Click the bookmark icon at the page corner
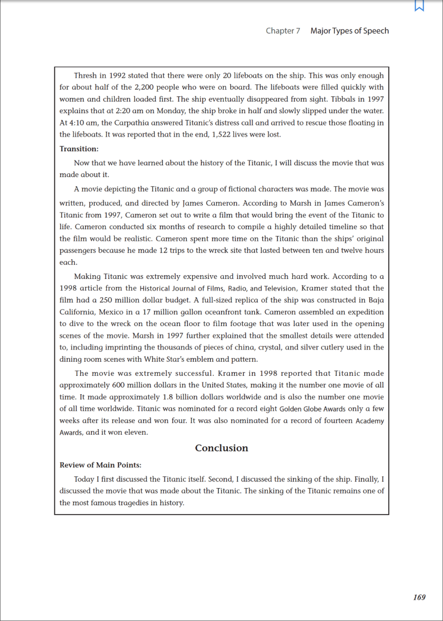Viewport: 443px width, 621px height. click(x=419, y=5)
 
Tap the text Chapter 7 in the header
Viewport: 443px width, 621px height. click(x=283, y=31)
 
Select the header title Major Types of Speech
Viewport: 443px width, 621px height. click(x=350, y=31)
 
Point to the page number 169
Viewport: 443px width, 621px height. click(x=419, y=597)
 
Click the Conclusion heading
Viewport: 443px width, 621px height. click(x=221, y=448)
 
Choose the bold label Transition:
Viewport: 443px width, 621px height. click(x=79, y=149)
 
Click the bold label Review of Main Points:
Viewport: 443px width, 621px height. click(x=100, y=465)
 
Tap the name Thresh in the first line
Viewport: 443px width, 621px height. click(x=85, y=76)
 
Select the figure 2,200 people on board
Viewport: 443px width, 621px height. click(x=144, y=88)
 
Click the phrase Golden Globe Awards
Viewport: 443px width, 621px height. click(x=312, y=409)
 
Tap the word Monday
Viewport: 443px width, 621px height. click(x=171, y=111)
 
